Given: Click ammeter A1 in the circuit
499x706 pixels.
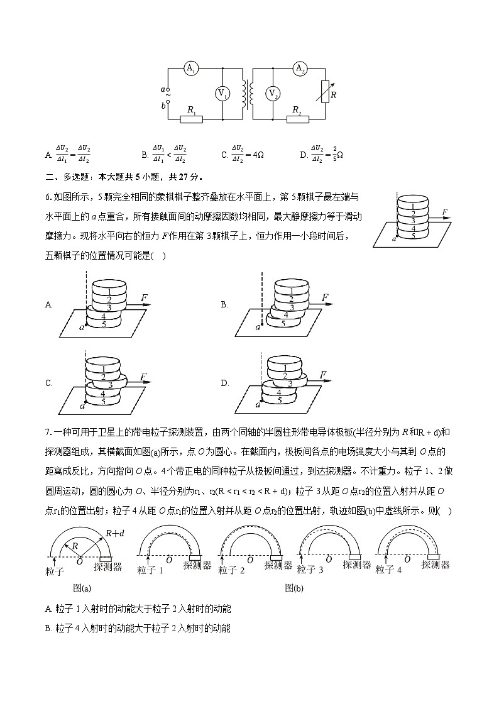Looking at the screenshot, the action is (x=191, y=69).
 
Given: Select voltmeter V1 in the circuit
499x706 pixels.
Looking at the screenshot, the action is (x=223, y=94).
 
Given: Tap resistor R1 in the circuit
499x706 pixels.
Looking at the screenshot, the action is (x=191, y=118).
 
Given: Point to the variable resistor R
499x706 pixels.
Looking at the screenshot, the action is (x=325, y=92).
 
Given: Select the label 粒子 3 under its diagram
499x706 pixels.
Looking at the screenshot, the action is (x=310, y=570).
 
